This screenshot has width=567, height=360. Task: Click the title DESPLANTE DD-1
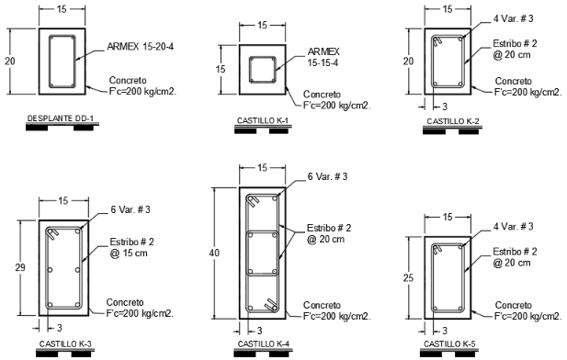click(61, 118)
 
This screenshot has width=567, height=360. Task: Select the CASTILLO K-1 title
click(263, 120)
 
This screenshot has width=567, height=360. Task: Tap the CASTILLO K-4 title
click(263, 343)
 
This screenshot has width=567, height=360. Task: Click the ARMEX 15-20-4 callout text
click(141, 47)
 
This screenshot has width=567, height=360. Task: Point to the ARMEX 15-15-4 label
click(323, 57)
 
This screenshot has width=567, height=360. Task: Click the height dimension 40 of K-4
click(214, 253)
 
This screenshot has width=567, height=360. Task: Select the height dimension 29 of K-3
click(20, 267)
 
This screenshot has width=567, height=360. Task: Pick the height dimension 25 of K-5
click(408, 278)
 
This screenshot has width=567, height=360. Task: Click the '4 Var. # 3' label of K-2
click(513, 18)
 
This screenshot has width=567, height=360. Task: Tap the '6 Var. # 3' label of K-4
click(327, 176)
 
